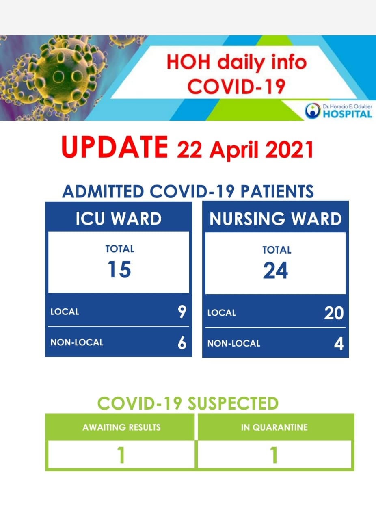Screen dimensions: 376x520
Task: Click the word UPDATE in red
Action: (x=115, y=147)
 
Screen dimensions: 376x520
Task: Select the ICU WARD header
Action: (x=119, y=219)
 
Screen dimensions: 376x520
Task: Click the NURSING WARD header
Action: (x=275, y=219)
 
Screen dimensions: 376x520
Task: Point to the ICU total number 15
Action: (x=119, y=269)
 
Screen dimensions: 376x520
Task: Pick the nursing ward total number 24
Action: (x=275, y=270)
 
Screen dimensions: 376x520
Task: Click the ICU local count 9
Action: (x=182, y=312)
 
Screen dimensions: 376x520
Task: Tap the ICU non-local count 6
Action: (x=182, y=342)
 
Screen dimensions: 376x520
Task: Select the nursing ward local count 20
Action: (x=334, y=313)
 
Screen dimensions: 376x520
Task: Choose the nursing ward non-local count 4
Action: (x=339, y=344)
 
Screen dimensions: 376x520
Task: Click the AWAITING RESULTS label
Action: (x=121, y=427)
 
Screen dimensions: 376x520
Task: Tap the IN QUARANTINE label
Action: (x=274, y=427)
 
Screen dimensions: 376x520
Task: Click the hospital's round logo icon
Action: (x=312, y=111)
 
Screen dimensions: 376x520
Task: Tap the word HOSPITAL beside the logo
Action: (x=348, y=114)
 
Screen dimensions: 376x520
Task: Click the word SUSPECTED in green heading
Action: (x=233, y=403)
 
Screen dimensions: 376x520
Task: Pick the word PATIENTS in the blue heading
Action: (x=277, y=191)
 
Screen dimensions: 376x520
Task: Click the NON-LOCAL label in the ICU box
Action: (x=77, y=342)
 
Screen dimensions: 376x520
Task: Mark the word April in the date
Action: (x=234, y=150)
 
